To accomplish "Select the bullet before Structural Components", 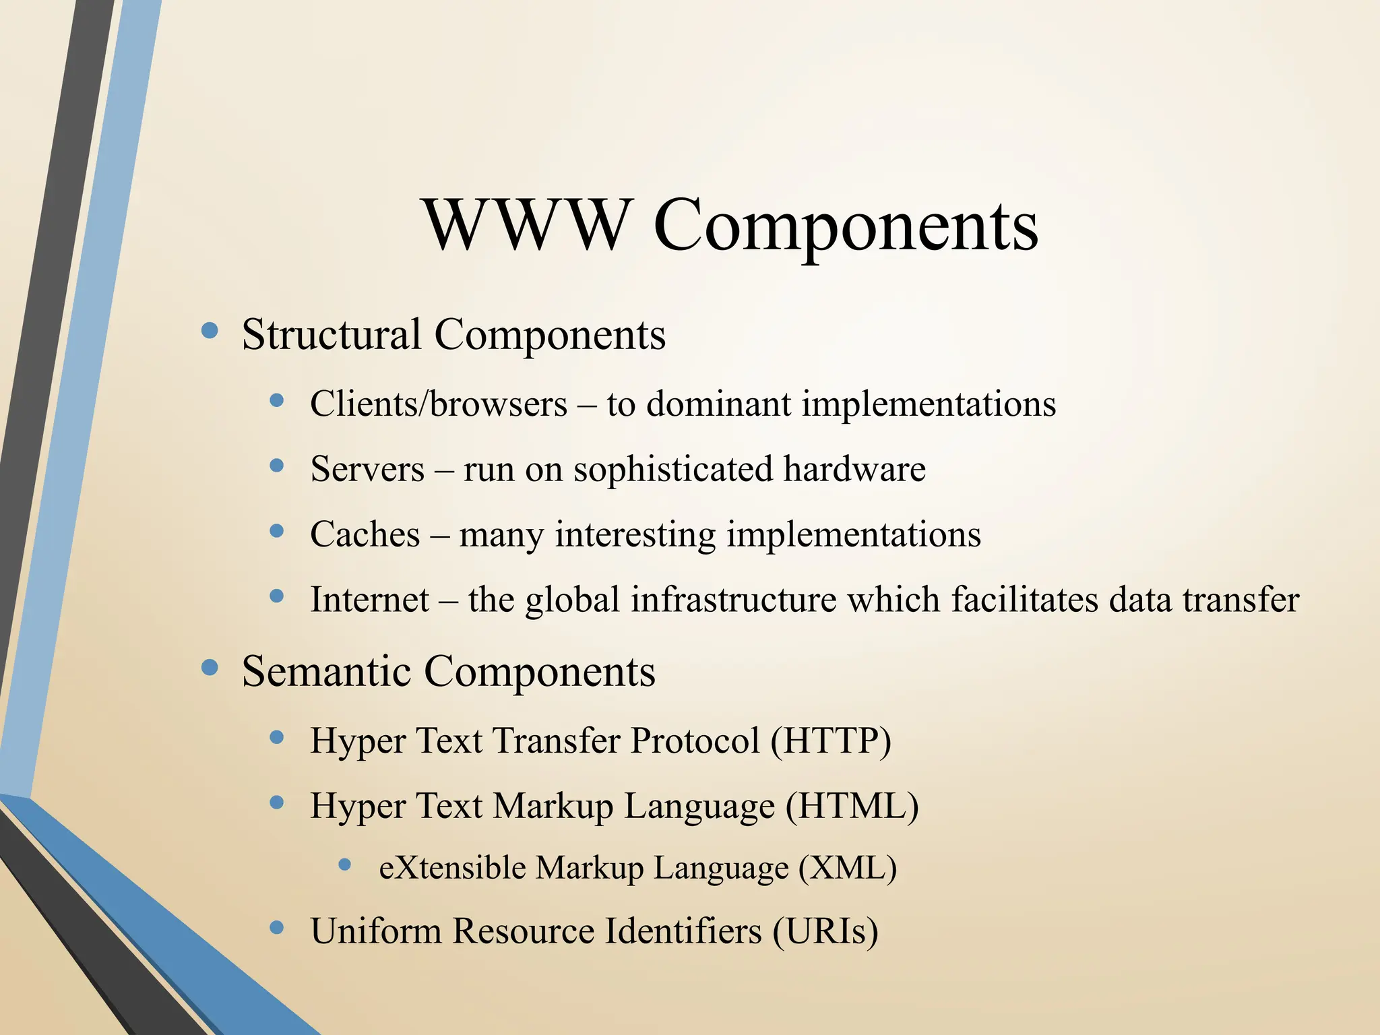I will coord(210,330).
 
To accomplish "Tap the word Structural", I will coord(332,334).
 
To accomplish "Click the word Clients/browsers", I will coord(439,404).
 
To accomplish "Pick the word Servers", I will coord(367,469).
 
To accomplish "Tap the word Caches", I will coord(365,534).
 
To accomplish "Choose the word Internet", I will coord(369,599).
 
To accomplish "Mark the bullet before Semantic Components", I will coord(210,668).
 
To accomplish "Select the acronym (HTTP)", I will coord(831,741).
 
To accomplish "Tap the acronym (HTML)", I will coord(852,806).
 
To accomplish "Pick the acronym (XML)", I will coord(848,867).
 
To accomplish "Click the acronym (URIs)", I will coord(825,931).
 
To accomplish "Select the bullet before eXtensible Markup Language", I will coord(345,864).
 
